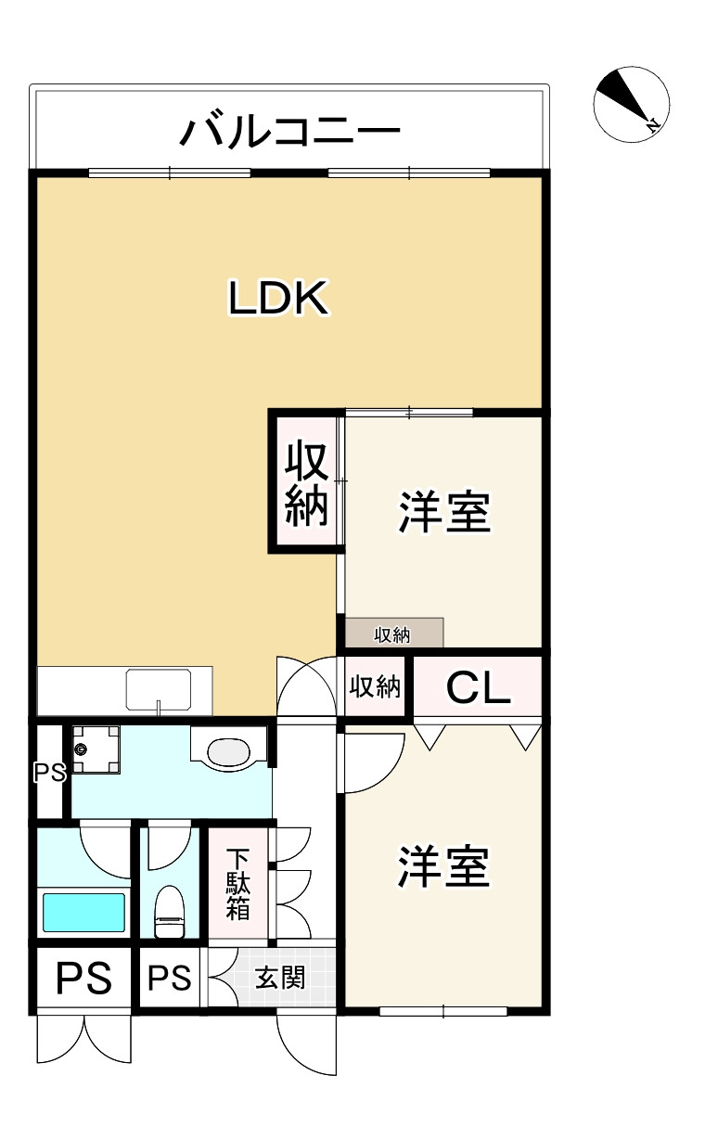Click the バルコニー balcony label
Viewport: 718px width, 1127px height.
[289, 132]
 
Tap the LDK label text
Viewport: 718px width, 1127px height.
[278, 299]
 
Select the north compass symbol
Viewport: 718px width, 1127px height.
[631, 104]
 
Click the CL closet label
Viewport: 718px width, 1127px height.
[478, 687]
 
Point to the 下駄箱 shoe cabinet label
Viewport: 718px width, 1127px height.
[238, 882]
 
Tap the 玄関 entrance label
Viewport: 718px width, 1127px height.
[280, 978]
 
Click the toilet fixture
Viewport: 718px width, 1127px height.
[169, 913]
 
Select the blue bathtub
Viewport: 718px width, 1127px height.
[83, 913]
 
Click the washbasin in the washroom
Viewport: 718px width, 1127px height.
[226, 749]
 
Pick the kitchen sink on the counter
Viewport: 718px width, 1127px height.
[159, 689]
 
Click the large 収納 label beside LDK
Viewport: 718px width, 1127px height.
[306, 482]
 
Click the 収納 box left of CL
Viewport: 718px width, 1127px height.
[376, 687]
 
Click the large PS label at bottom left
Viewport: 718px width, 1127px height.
[84, 978]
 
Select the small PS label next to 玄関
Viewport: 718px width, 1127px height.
[170, 978]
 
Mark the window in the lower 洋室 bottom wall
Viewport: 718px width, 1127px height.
[443, 1010]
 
